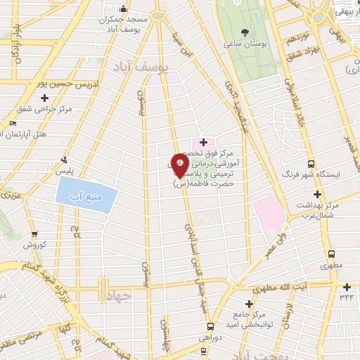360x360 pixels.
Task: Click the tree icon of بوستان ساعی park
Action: tap(244, 32)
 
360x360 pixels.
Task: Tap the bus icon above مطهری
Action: tap(331, 254)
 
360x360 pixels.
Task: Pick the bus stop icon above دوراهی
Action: tap(210, 326)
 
